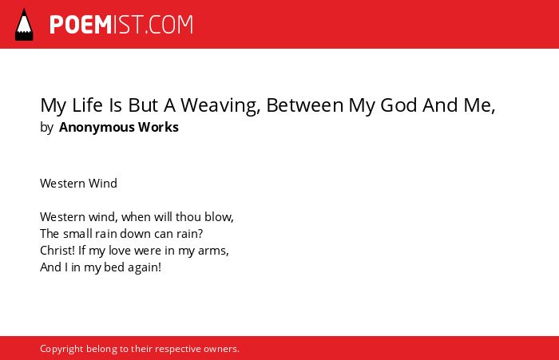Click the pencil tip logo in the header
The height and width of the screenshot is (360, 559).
[24, 24]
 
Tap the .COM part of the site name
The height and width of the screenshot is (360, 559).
[169, 25]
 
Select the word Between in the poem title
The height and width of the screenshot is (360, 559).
[304, 105]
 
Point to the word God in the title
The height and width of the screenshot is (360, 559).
[399, 105]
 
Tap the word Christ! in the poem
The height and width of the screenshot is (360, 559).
[57, 250]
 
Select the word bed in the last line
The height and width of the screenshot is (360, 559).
[113, 267]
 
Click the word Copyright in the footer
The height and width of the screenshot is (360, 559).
[61, 349]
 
